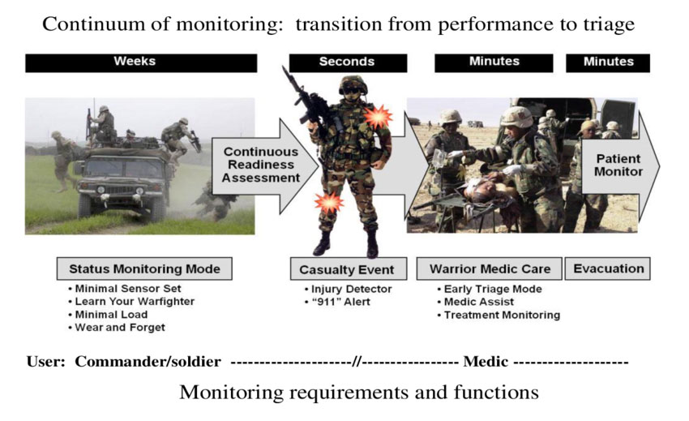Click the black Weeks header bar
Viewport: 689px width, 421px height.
pos(141,62)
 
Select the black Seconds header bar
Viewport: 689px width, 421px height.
pos(346,62)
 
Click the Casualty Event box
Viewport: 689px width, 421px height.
pos(347,269)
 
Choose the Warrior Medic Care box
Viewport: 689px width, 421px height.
pos(488,268)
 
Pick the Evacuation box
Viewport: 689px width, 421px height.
pos(609,268)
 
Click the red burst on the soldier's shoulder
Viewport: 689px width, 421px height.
pos(377,118)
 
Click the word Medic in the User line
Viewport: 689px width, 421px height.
pos(485,362)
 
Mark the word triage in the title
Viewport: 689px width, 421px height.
pos(605,24)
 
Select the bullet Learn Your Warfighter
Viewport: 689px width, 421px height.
pos(131,302)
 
